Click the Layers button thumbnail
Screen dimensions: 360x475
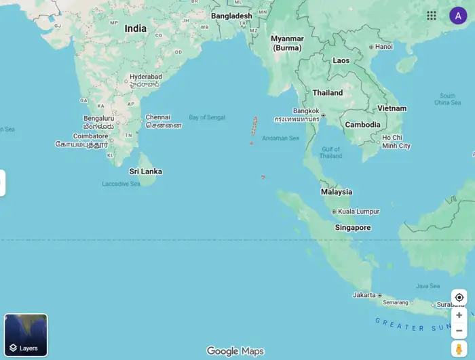coord(26,335)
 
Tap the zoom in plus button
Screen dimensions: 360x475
coord(459,315)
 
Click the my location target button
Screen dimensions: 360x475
coord(459,298)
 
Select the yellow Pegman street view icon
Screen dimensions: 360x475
coord(459,348)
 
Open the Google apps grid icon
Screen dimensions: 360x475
coord(432,16)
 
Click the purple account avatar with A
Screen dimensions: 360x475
coord(458,16)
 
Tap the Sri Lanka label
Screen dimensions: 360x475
coord(146,172)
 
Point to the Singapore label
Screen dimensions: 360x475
coord(353,228)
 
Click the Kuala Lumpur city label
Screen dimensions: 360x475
coord(358,212)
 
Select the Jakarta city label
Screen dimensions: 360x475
coord(364,295)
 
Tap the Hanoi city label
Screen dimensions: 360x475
coord(383,47)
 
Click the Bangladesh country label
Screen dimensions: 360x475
coord(231,16)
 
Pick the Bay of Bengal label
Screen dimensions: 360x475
coord(207,117)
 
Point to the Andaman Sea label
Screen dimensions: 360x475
coord(280,138)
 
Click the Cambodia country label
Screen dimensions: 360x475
coord(362,125)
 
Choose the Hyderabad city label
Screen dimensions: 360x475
coord(145,77)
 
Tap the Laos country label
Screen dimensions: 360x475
coord(341,60)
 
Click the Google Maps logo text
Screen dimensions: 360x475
coord(235,351)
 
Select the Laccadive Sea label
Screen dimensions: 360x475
coord(121,184)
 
